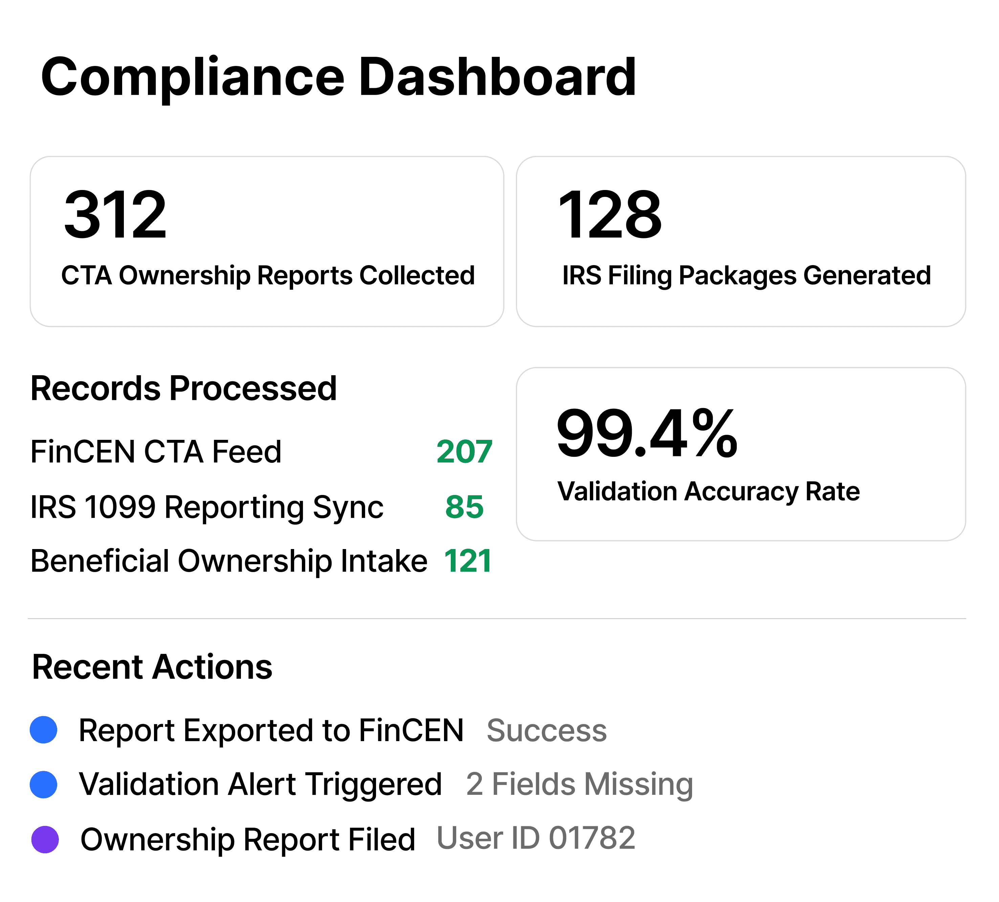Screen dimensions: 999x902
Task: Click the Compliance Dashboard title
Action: [x=338, y=78]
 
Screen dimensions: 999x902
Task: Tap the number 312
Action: [x=115, y=215]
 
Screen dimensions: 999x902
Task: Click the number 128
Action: [x=609, y=215]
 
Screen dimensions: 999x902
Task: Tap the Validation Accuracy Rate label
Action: [x=709, y=492]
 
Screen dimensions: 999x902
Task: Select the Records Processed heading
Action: [x=184, y=388]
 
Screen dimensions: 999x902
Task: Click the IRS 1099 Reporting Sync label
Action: [x=207, y=507]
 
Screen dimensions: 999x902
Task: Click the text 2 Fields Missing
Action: [x=580, y=785]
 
